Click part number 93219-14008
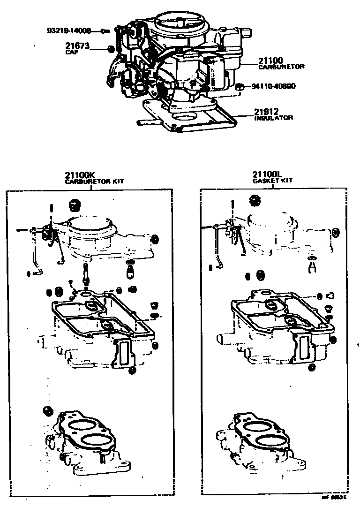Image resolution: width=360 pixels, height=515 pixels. pyautogui.click(x=68, y=31)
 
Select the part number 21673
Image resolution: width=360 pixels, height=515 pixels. pyautogui.click(x=77, y=46)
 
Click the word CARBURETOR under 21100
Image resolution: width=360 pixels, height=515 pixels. pyautogui.click(x=281, y=67)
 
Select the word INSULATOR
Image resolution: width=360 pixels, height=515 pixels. pyautogui.click(x=274, y=118)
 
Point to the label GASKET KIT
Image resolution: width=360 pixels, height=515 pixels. pyautogui.click(x=273, y=181)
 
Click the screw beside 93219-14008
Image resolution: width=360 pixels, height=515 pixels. pyautogui.click(x=105, y=31)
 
